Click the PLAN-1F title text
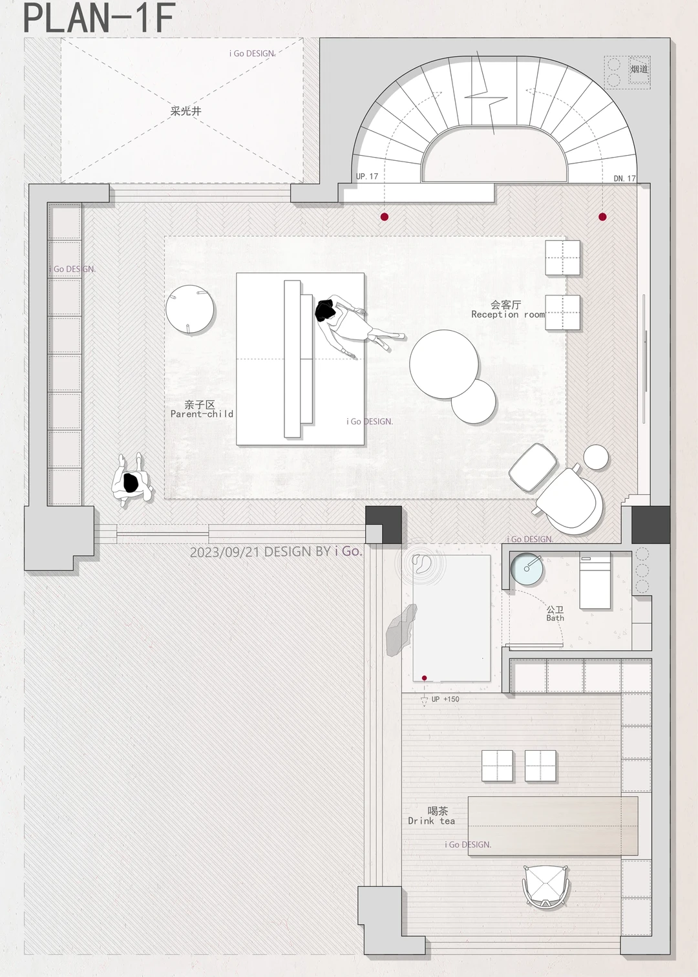[x=99, y=17]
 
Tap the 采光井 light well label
[x=186, y=111]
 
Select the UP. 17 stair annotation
[x=367, y=176]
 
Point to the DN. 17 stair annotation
[x=625, y=178]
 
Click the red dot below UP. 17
[x=385, y=216]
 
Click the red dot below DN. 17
[x=602, y=216]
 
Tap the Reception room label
[x=508, y=315]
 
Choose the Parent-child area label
[x=202, y=414]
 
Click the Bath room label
[x=555, y=618]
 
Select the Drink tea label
[x=432, y=821]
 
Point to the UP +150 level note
[x=445, y=699]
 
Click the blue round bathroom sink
[x=527, y=567]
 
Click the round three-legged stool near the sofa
[x=190, y=310]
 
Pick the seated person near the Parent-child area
[x=132, y=479]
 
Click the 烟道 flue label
[x=639, y=69]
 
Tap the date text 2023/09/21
[x=225, y=552]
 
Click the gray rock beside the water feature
[x=401, y=630]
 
